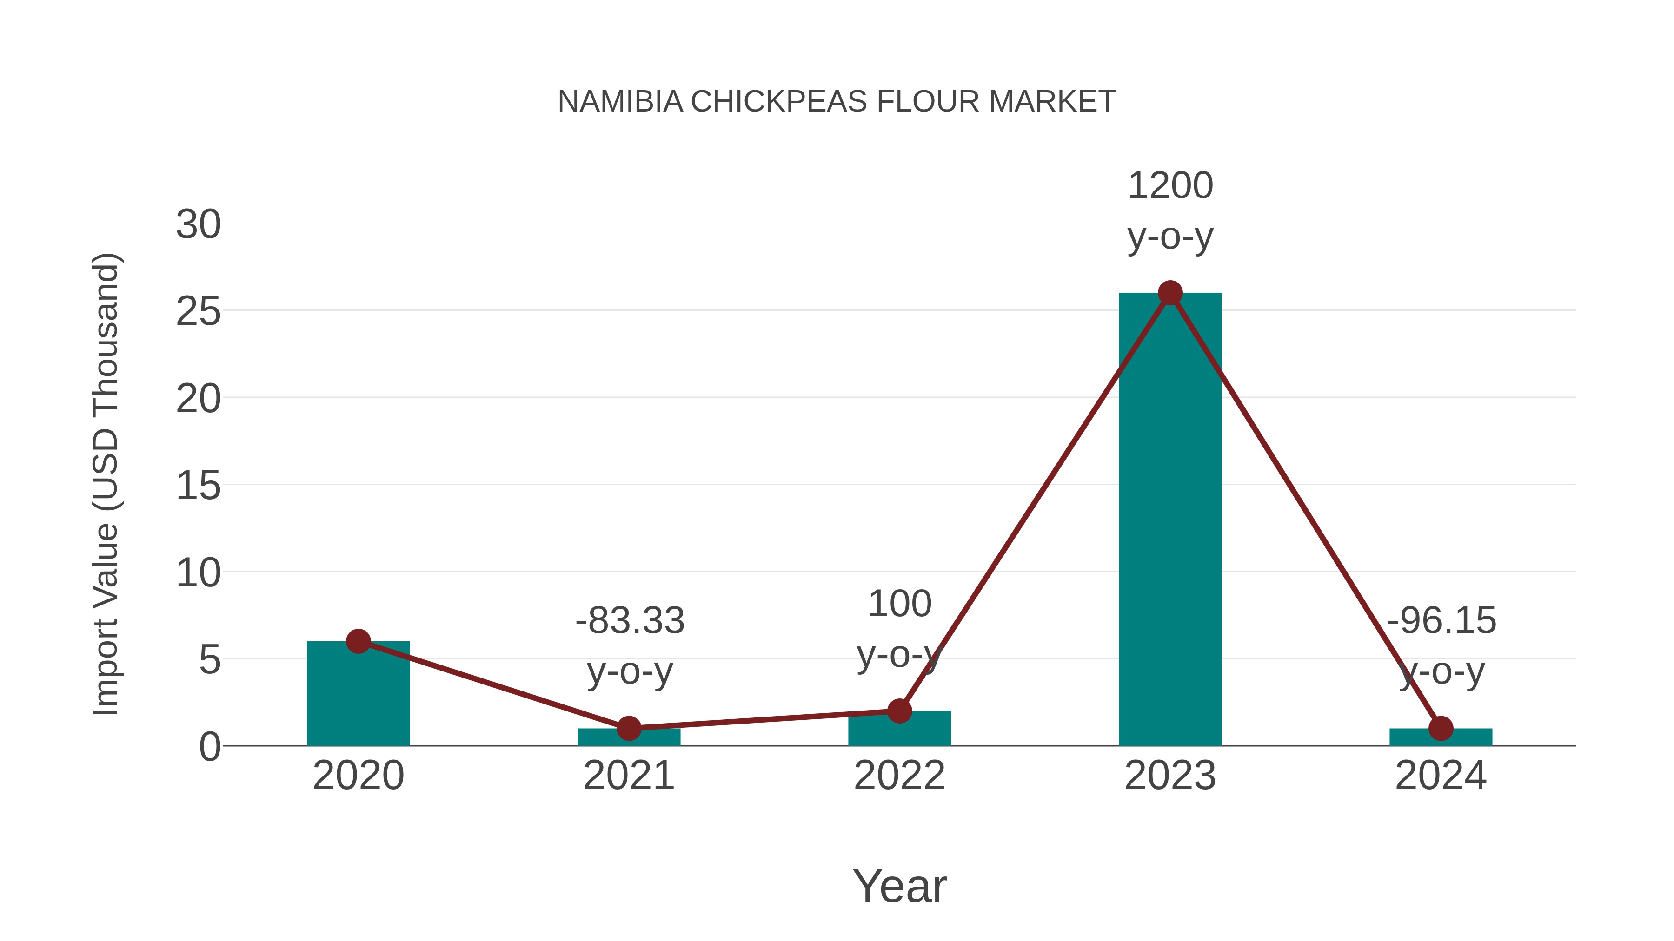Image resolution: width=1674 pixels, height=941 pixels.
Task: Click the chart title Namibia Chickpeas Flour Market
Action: (x=837, y=102)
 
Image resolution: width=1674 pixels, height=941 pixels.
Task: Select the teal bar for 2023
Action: (x=1170, y=520)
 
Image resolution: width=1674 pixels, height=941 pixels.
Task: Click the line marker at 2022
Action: (x=899, y=711)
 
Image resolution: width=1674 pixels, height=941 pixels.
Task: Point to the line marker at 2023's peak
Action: (x=1170, y=293)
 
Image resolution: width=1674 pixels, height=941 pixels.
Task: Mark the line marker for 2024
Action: (x=1441, y=728)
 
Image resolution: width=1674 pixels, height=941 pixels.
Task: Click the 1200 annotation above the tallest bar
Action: (x=1170, y=186)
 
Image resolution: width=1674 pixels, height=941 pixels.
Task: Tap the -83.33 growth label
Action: (x=630, y=620)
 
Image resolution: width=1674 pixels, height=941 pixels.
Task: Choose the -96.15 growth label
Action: (x=1441, y=620)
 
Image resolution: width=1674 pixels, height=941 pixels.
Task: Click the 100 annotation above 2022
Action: (x=899, y=604)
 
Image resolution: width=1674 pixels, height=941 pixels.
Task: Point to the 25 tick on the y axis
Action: (x=198, y=312)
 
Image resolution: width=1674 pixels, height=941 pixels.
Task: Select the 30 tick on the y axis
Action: (x=198, y=225)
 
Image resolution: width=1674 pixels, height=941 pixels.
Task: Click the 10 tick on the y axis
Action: (x=198, y=573)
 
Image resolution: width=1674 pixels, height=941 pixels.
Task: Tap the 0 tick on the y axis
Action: (x=209, y=747)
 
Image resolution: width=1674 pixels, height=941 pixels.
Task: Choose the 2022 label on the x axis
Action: (x=899, y=776)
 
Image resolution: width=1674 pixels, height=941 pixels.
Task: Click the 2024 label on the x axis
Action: (x=1441, y=776)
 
